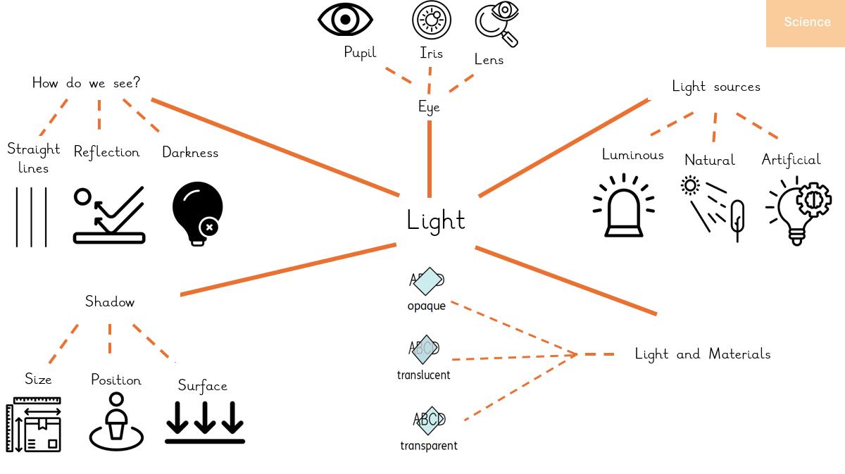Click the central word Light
point(436,220)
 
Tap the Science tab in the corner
point(807,23)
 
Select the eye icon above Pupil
point(345,20)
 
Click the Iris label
point(431,54)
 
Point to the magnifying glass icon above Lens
point(496,24)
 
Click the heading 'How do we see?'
point(86,83)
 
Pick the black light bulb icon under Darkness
point(197,212)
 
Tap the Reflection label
point(106,152)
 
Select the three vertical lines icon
point(31,216)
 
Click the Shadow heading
point(110,302)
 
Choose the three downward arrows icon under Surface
point(205,421)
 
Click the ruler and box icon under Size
point(34,424)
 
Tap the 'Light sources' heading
point(716,87)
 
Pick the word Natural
point(710,161)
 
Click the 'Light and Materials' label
point(703,354)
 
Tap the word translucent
point(424,375)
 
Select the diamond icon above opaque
point(426,281)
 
